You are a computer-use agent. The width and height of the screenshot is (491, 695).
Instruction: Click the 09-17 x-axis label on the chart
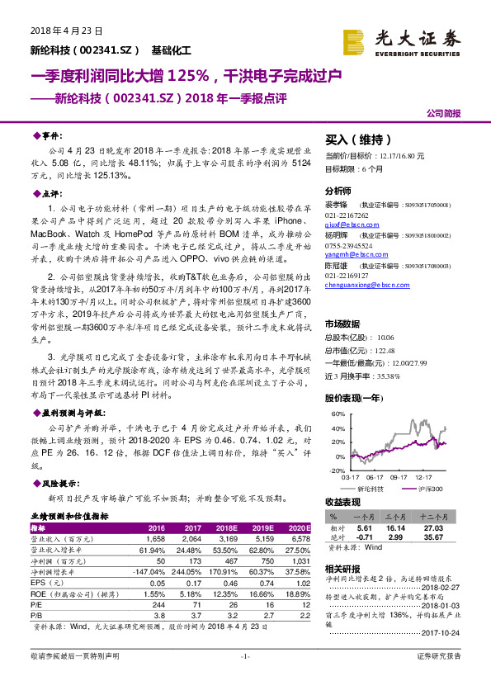(x=399, y=477)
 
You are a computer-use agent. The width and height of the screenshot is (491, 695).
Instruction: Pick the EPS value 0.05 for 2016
(x=157, y=583)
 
